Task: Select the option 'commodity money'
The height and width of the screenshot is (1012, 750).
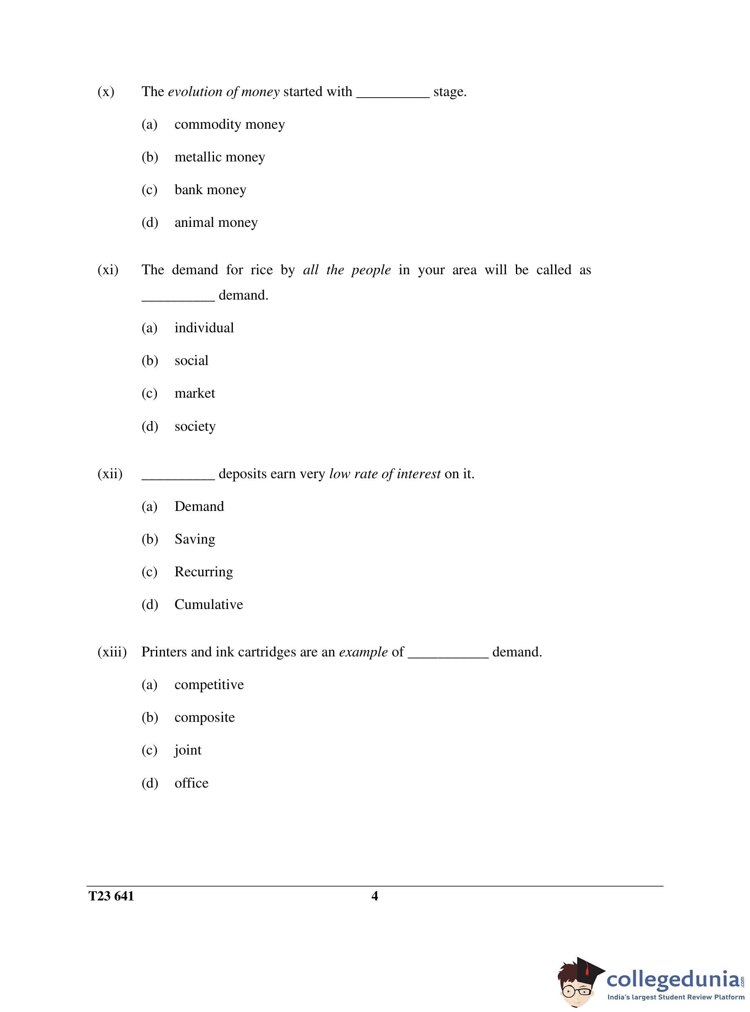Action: [229, 124]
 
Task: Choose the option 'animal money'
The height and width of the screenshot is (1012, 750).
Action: [216, 223]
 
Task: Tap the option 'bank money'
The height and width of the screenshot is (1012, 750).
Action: [210, 190]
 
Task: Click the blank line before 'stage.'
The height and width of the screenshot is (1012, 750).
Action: [393, 95]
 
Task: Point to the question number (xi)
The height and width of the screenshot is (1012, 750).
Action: [107, 270]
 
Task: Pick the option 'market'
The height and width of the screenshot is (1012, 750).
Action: [194, 393]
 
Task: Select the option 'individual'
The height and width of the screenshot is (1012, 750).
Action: [204, 328]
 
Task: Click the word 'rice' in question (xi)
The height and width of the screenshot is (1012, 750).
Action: [261, 270]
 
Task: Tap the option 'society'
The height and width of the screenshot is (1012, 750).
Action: [195, 427]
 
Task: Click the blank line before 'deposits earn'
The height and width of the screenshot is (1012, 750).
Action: [178, 478]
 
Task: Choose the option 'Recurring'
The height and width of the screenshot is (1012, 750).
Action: [203, 572]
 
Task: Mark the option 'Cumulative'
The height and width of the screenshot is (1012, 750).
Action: [208, 605]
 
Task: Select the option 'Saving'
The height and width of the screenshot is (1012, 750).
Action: [195, 539]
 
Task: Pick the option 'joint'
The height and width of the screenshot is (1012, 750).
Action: [187, 750]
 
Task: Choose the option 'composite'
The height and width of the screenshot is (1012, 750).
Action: [204, 718]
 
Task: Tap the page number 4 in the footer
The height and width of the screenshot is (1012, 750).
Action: [375, 896]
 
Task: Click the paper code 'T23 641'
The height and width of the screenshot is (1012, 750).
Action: [111, 896]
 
